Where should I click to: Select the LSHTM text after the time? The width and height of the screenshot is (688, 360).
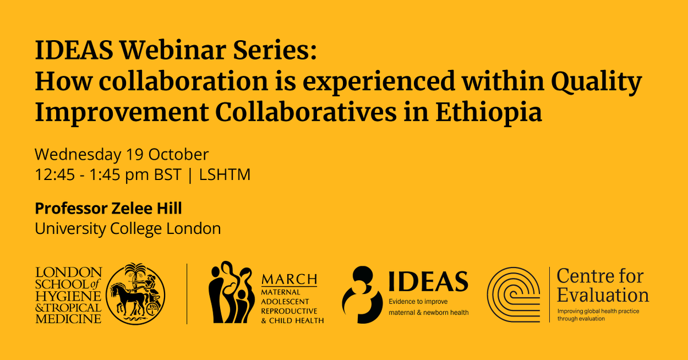tap(225, 175)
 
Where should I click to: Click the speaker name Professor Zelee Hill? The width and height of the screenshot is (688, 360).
tap(108, 208)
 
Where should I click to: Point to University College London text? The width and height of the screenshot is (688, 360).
tap(128, 229)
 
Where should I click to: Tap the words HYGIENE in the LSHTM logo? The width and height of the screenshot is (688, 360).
tap(68, 295)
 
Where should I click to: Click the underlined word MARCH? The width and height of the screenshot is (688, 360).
tap(289, 280)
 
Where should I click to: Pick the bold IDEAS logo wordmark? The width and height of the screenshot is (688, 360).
tap(428, 281)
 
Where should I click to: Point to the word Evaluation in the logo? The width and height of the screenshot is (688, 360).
tap(603, 295)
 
